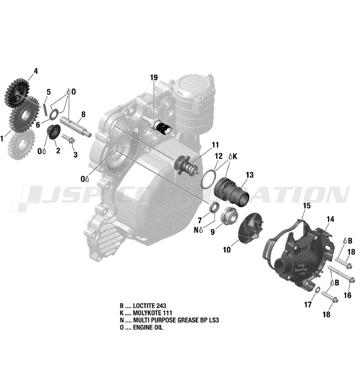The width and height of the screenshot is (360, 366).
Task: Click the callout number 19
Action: [154, 77]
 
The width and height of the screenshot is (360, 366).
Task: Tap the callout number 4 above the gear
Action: [36, 71]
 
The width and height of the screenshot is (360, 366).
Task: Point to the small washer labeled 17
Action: [317, 290]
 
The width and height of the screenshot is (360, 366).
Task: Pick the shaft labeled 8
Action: [75, 127]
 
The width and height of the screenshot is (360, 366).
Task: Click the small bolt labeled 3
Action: [68, 139]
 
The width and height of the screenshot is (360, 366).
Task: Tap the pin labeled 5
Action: [45, 109]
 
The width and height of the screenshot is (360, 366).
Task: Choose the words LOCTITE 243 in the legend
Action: [149, 306]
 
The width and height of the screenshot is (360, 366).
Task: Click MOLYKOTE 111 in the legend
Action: [152, 313]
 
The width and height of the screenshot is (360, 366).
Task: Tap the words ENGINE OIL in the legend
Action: [148, 327]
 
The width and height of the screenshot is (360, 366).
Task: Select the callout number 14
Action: [330, 219]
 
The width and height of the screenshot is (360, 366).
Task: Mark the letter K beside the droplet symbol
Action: [235, 156]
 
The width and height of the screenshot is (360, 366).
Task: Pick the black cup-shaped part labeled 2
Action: [54, 131]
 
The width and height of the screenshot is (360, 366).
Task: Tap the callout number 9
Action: [213, 232]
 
